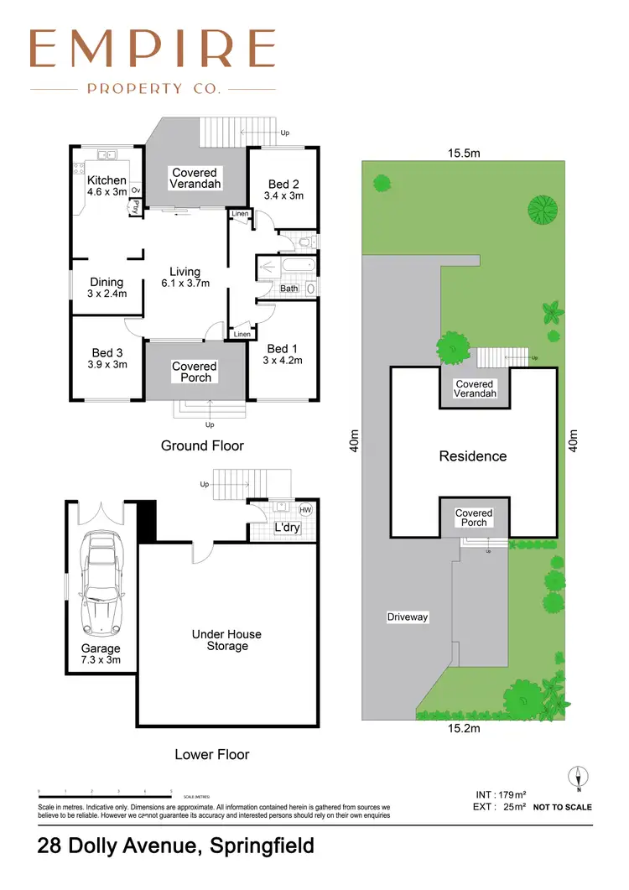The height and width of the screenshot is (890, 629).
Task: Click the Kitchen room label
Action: [107, 180]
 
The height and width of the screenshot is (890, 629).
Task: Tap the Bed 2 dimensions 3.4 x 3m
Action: [283, 195]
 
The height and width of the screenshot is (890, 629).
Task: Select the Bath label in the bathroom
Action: [289, 289]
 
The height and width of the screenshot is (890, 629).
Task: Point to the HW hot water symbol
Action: [305, 510]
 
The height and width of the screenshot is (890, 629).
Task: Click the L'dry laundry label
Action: [288, 527]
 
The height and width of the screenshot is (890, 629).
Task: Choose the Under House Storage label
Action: [226, 640]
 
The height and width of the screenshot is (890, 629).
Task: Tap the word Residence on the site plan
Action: [473, 456]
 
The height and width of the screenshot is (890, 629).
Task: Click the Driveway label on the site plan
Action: [408, 617]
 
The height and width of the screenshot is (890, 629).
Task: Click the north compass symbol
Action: [577, 778]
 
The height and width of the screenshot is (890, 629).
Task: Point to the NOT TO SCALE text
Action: [562, 807]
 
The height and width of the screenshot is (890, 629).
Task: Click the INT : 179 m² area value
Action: [500, 794]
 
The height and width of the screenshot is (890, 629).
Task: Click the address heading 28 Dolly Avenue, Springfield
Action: [176, 846]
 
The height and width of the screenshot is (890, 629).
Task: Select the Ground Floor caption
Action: [202, 445]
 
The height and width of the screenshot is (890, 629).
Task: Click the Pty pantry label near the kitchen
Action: [134, 206]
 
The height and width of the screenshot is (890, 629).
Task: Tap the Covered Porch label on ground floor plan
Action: [195, 372]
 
